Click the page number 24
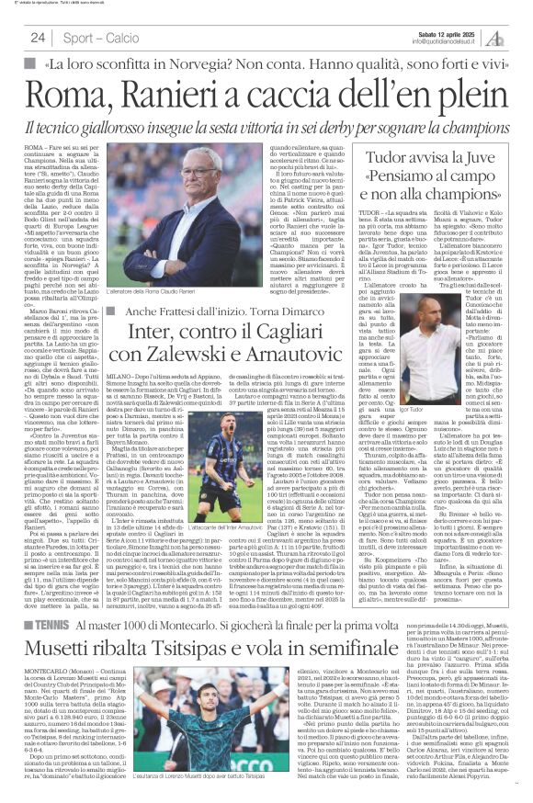38,38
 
